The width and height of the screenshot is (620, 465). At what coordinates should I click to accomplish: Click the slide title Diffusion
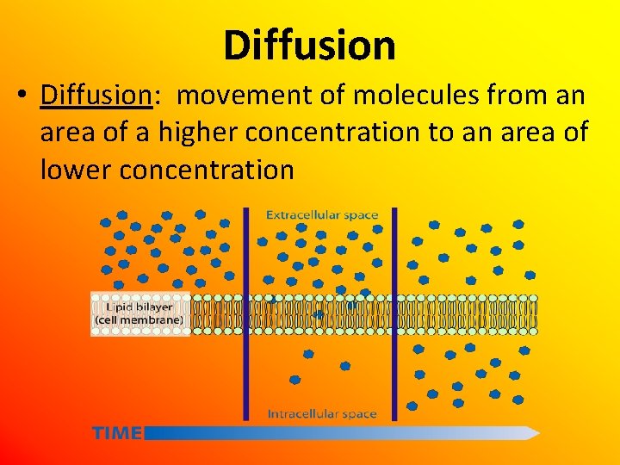point(309,45)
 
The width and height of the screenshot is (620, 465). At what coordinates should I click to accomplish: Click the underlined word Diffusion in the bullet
point(96,96)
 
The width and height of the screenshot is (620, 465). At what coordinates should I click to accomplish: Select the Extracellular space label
point(321,214)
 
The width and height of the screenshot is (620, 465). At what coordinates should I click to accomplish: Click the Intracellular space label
point(321,414)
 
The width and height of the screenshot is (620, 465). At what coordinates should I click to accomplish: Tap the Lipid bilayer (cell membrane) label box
point(139,313)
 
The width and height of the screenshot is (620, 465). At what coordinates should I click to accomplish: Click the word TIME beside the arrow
point(117,433)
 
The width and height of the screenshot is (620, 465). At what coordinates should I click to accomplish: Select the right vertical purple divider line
point(394,313)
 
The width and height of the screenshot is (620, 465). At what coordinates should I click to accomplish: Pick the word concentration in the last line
point(207,170)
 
